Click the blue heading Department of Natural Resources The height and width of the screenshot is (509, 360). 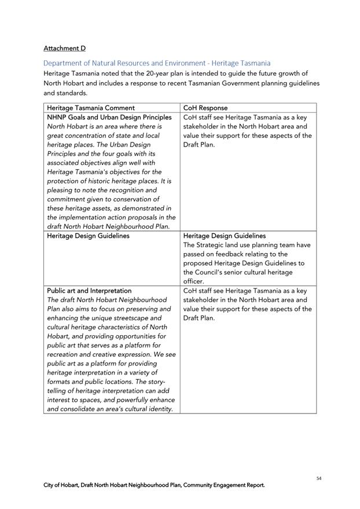[x=157, y=63]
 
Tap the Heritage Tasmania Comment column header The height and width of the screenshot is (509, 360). [x=91, y=108]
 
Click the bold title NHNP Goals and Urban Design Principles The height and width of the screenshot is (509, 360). [x=109, y=117]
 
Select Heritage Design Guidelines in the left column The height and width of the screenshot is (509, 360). [x=88, y=236]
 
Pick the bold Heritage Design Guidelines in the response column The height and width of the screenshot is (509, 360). [x=225, y=236]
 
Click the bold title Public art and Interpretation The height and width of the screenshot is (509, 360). [x=89, y=290]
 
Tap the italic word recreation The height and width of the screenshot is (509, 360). [x=67, y=354]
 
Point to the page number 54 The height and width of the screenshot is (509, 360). [x=319, y=478]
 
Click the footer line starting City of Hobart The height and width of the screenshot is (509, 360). [x=155, y=485]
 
